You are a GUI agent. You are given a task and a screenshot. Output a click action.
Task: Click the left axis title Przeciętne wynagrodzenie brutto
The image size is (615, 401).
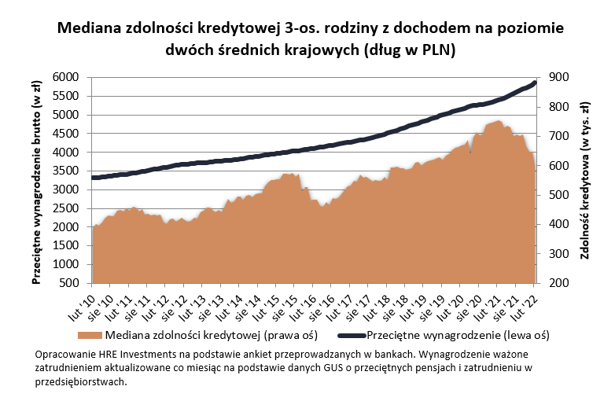coord(37,180)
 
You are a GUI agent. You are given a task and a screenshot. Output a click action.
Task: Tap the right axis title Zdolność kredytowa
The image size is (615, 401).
coord(585,180)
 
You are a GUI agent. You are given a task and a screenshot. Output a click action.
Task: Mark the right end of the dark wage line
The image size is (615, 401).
coord(535,83)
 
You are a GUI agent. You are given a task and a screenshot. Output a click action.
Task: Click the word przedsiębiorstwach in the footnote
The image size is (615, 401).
coord(81,382)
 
